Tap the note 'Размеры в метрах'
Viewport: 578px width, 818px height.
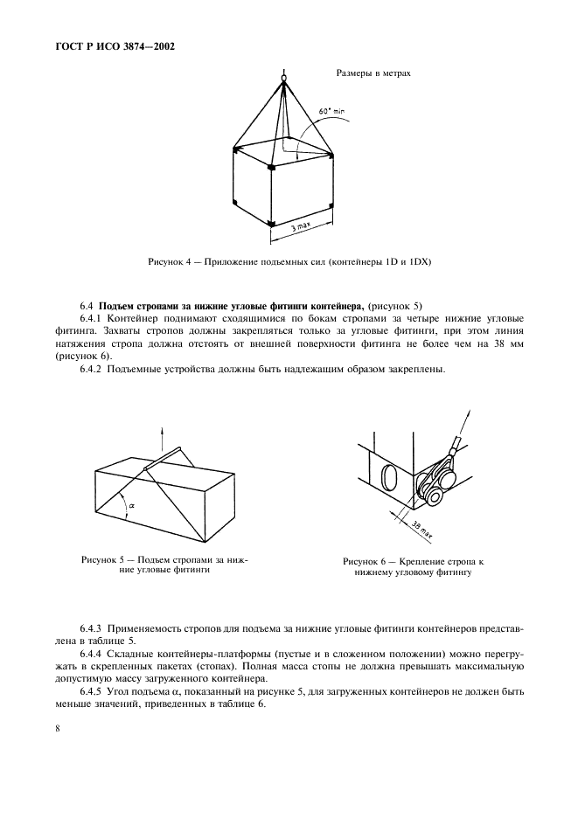[x=373, y=73]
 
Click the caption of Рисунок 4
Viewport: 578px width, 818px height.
[x=289, y=261]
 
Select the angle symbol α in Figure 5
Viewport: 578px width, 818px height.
[x=132, y=504]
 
